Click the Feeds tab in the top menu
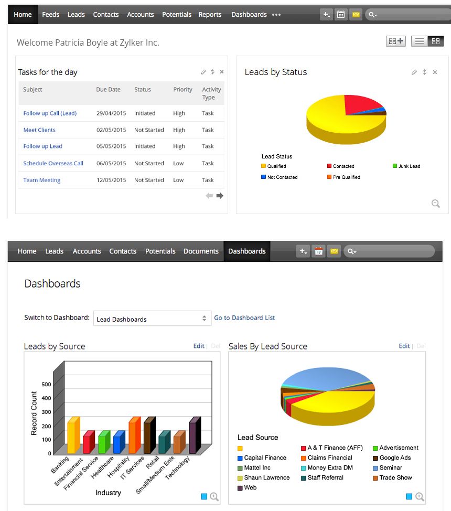[x=50, y=15]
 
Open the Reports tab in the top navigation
[x=210, y=15]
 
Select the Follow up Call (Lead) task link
[x=50, y=113]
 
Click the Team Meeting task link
[x=42, y=180]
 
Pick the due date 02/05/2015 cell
[x=111, y=130]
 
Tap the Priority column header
[x=182, y=90]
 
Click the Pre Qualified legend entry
[x=346, y=177]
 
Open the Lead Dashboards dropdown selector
[x=152, y=318]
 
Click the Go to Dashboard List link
[x=244, y=318]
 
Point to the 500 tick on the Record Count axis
[x=47, y=384]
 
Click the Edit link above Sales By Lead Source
[x=404, y=346]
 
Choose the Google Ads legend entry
[x=395, y=458]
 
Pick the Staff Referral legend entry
[x=325, y=478]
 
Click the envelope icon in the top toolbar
[x=356, y=15]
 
